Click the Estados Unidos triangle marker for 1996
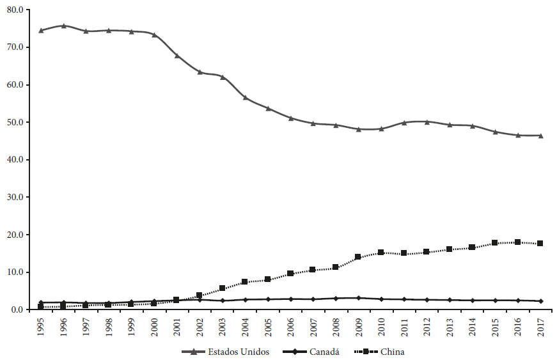[63, 26]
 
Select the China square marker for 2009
[358, 257]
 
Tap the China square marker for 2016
[517, 242]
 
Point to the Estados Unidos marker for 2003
[222, 77]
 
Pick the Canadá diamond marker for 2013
[449, 300]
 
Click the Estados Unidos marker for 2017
[540, 136]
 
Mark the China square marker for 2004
[245, 282]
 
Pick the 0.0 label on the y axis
[15, 309]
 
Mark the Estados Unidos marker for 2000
[154, 35]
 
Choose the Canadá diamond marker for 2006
[290, 299]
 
